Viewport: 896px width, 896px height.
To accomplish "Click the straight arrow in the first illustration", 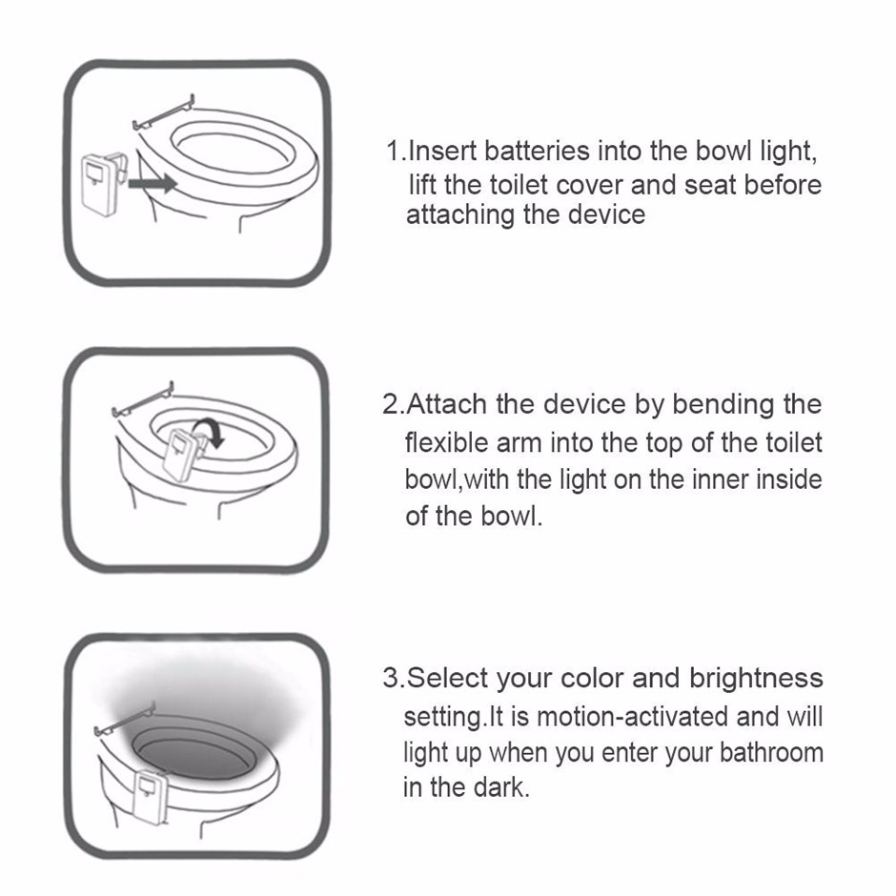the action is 153,183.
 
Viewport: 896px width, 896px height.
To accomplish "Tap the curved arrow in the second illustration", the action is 209,430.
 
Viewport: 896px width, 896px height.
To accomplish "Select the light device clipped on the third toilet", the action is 149,795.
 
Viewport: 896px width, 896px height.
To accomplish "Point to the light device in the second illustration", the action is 182,454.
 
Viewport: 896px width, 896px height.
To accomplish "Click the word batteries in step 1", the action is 537,152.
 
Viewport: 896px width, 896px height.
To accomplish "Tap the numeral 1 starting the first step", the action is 393,152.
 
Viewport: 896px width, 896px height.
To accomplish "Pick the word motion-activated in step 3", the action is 633,717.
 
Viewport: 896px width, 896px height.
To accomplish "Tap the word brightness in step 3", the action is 756,679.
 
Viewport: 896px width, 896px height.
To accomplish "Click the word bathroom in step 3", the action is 771,753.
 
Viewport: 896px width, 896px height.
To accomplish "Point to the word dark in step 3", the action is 499,787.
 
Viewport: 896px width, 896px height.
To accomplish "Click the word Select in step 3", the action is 447,679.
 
